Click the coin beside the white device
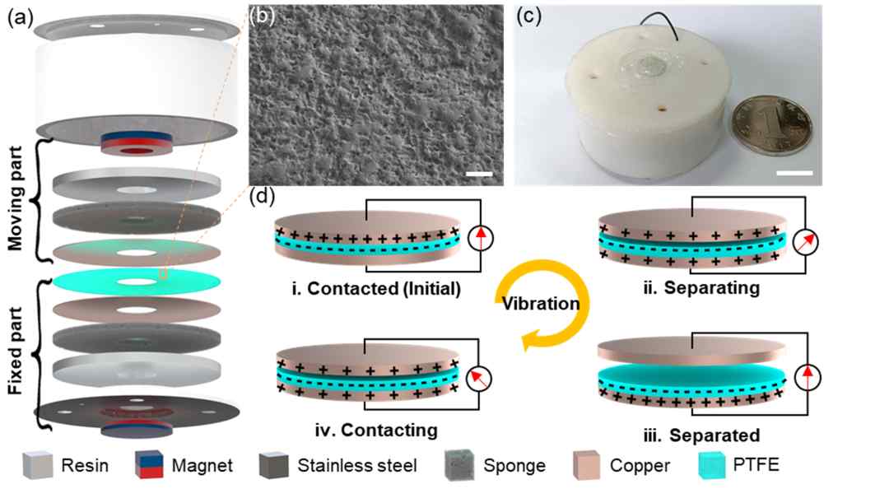point(770,126)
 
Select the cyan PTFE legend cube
point(712,465)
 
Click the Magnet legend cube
point(150,465)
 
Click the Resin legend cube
point(38,465)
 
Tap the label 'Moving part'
point(16,198)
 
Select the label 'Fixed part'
point(16,351)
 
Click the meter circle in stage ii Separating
point(806,241)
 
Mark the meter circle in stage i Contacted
point(480,239)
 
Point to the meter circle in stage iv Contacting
point(478,379)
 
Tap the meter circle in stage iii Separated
point(808,377)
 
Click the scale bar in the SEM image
point(480,174)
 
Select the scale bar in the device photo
point(794,172)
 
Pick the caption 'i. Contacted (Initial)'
point(376,289)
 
